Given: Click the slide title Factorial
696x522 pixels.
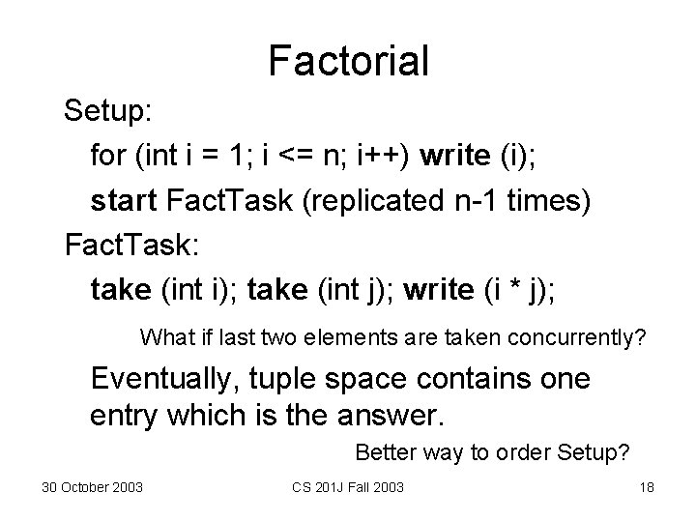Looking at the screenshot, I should click(348, 61).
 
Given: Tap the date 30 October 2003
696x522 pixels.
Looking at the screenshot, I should click(93, 486).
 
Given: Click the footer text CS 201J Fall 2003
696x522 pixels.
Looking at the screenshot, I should click(348, 486).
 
